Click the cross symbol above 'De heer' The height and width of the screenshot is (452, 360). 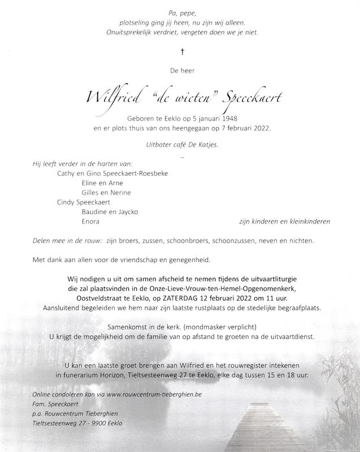[x=182, y=51]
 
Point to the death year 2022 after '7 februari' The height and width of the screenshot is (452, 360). [x=260, y=128]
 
